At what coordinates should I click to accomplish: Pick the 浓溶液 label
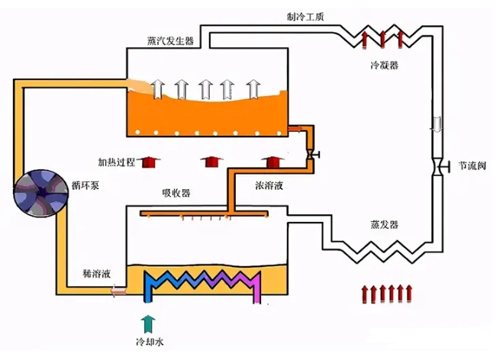[270, 185]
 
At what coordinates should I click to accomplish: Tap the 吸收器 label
[176, 192]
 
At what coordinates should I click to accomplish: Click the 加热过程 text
[115, 162]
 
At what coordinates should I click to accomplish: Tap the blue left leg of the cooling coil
[150, 288]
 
